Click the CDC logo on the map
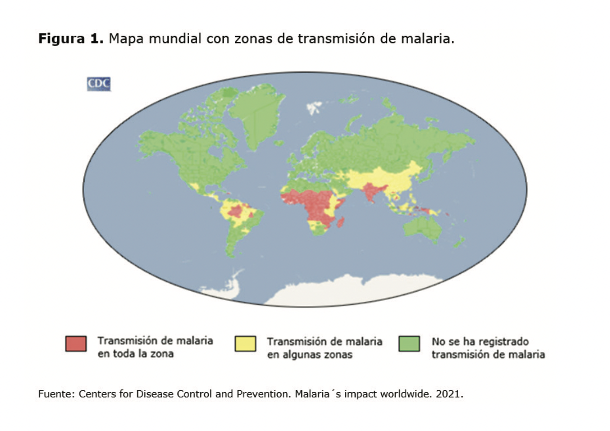point(99,84)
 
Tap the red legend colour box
point(76,343)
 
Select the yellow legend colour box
point(245,343)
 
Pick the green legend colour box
point(409,343)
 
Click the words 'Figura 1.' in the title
point(71,39)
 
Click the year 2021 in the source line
point(449,394)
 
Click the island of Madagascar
point(341,223)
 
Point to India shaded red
point(370,191)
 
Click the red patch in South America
point(236,212)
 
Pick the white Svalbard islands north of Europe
point(314,107)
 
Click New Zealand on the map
point(459,242)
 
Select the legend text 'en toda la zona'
point(135,354)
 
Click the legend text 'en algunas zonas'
point(309,355)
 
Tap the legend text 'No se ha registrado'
point(480,341)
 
